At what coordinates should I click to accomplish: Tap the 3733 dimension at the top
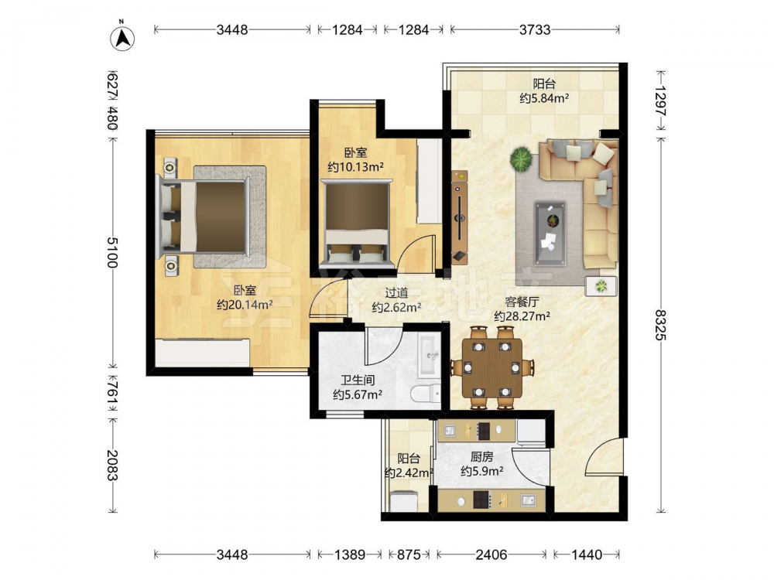[x=535, y=29]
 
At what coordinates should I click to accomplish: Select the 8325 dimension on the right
[x=660, y=324]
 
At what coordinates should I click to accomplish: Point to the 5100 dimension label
[x=112, y=252]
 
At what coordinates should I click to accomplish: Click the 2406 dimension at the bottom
[x=491, y=554]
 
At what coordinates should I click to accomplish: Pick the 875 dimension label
[x=409, y=554]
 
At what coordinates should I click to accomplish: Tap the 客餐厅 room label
[x=522, y=302]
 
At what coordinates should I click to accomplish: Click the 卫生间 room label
[x=358, y=380]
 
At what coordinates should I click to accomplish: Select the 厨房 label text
[x=481, y=457]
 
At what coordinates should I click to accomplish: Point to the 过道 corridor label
[x=396, y=293]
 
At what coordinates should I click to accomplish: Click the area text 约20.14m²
[x=245, y=305]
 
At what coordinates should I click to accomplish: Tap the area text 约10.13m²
[x=355, y=167]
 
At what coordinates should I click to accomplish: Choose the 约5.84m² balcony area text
[x=544, y=98]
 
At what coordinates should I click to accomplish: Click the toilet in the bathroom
[x=426, y=393]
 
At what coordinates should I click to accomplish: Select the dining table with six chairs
[x=491, y=367]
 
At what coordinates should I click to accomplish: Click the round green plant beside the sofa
[x=521, y=159]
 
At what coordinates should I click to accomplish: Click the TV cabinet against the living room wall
[x=459, y=217]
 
